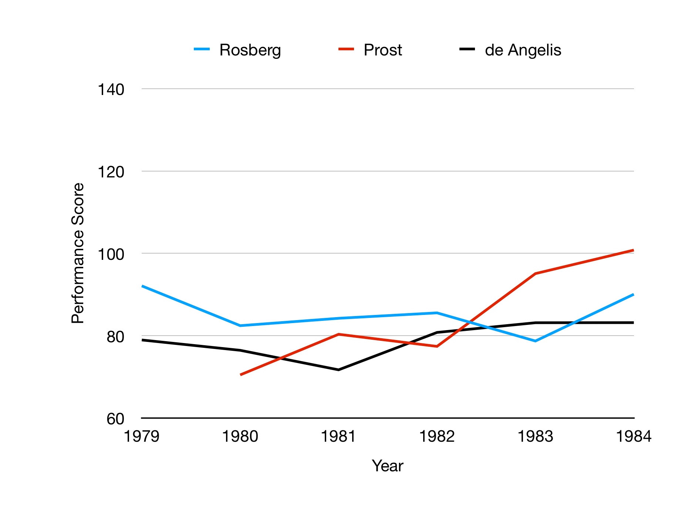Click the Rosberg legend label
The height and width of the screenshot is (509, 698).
[x=250, y=50]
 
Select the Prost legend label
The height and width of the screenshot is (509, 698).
[x=382, y=50]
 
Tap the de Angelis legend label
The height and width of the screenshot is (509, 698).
[x=523, y=50]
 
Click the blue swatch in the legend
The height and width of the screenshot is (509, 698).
[x=202, y=49]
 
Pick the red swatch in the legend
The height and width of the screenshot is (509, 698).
[x=346, y=49]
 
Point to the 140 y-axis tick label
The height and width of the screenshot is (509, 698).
[x=111, y=89]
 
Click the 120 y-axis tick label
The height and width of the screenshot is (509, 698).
[x=111, y=172]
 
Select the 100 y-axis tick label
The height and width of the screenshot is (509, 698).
[x=111, y=254]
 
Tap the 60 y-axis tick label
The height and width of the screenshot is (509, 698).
[x=115, y=419]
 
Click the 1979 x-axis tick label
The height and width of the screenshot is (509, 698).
[x=141, y=437]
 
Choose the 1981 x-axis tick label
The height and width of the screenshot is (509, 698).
[x=338, y=437]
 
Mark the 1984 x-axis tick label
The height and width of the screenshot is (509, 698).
[x=633, y=437]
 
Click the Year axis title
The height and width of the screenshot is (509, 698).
[x=387, y=466]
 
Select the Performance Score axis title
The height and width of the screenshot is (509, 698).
[x=78, y=253]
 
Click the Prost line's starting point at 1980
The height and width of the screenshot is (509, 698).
[x=240, y=375]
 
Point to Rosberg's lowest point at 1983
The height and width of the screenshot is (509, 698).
[x=535, y=341]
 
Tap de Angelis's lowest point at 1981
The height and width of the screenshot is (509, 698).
[x=338, y=370]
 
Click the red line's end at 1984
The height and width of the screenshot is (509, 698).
[x=633, y=250]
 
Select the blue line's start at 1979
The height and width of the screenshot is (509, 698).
[x=142, y=286]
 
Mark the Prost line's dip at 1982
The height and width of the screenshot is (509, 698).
[x=437, y=346]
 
